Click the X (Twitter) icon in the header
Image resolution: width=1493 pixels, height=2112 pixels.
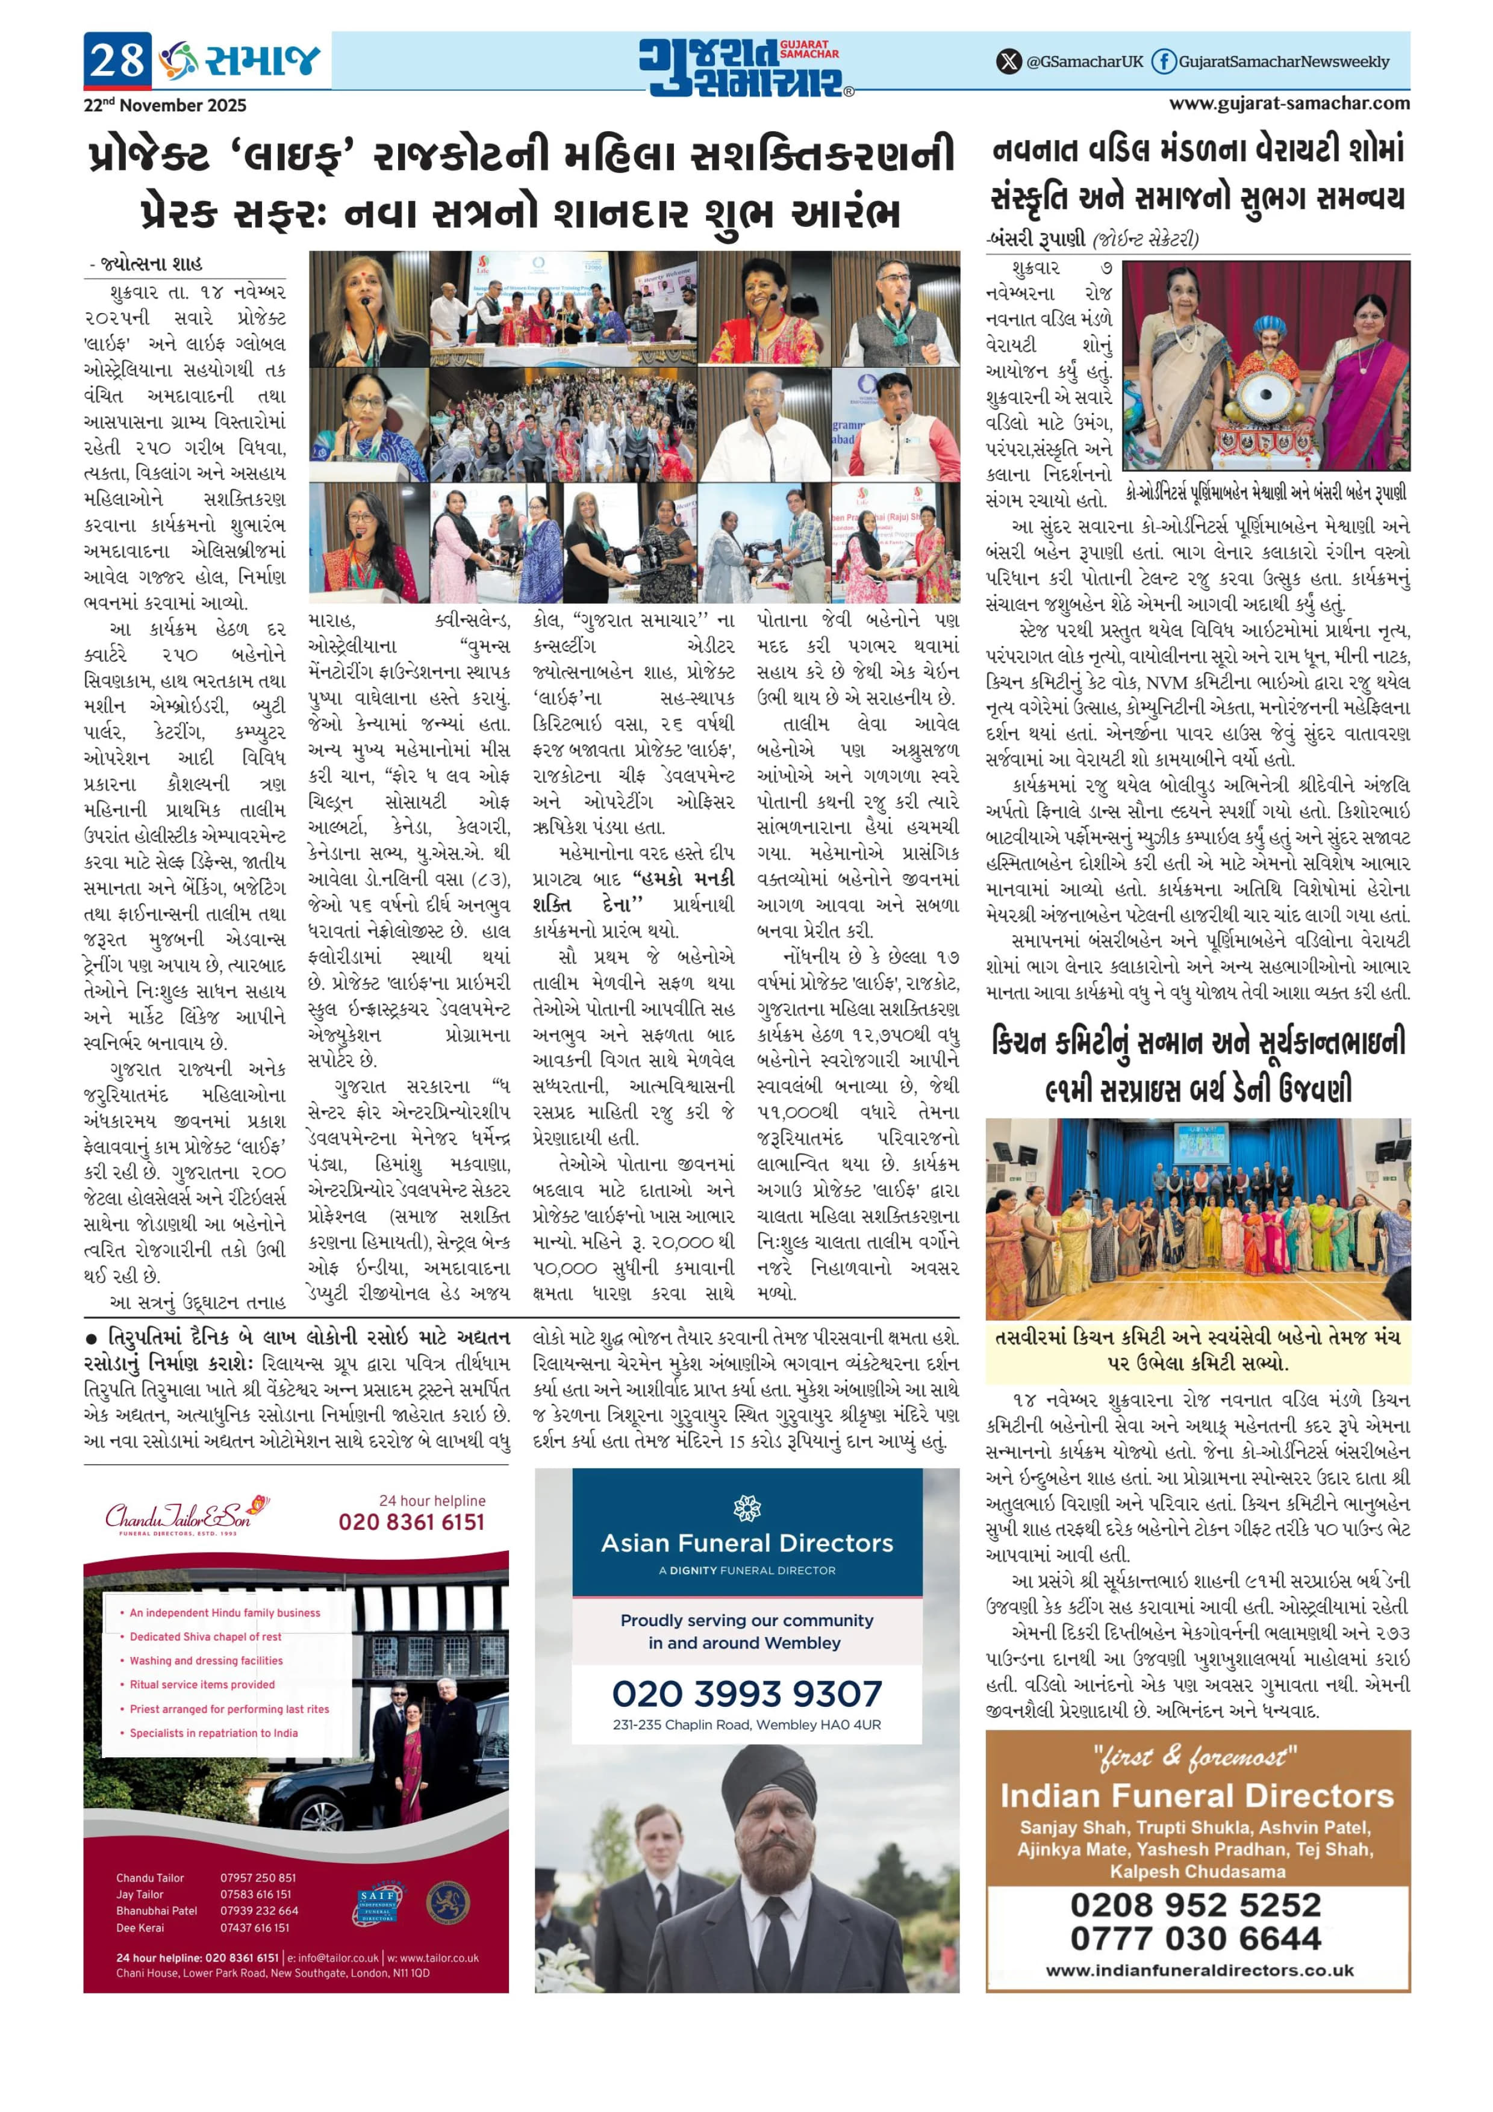point(1009,61)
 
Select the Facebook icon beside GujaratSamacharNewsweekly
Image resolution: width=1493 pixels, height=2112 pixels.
point(1164,61)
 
